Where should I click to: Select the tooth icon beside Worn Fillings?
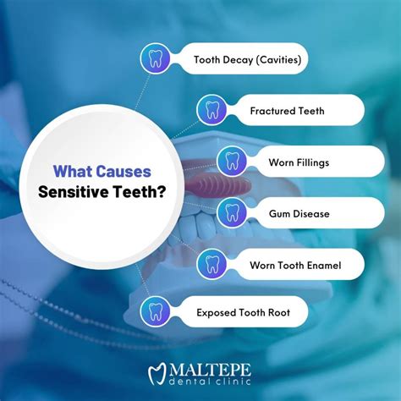pos(232,161)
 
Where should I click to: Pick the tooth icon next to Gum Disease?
pos(232,212)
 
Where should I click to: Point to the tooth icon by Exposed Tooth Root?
pos(154,312)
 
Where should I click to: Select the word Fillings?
pos(312,161)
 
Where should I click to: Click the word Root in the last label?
pos(277,312)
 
